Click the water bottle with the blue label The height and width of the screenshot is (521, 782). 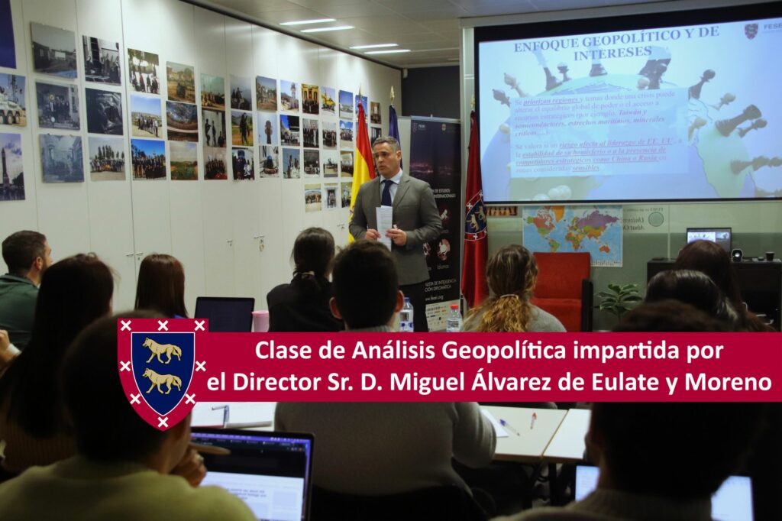(x=406, y=315)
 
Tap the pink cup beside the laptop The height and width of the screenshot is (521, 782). (x=260, y=320)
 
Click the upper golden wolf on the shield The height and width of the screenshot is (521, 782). (x=163, y=351)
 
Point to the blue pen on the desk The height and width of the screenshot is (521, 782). (x=509, y=427)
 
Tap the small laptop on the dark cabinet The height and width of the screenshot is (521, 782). (x=708, y=239)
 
